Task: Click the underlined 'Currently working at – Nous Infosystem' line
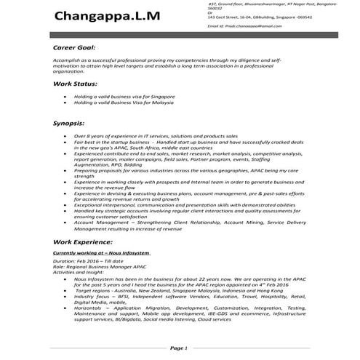tap(102, 252)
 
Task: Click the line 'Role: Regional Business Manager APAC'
tap(98, 265)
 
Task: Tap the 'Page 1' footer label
tap(179, 348)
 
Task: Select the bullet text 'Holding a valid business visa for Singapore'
tap(123, 96)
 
